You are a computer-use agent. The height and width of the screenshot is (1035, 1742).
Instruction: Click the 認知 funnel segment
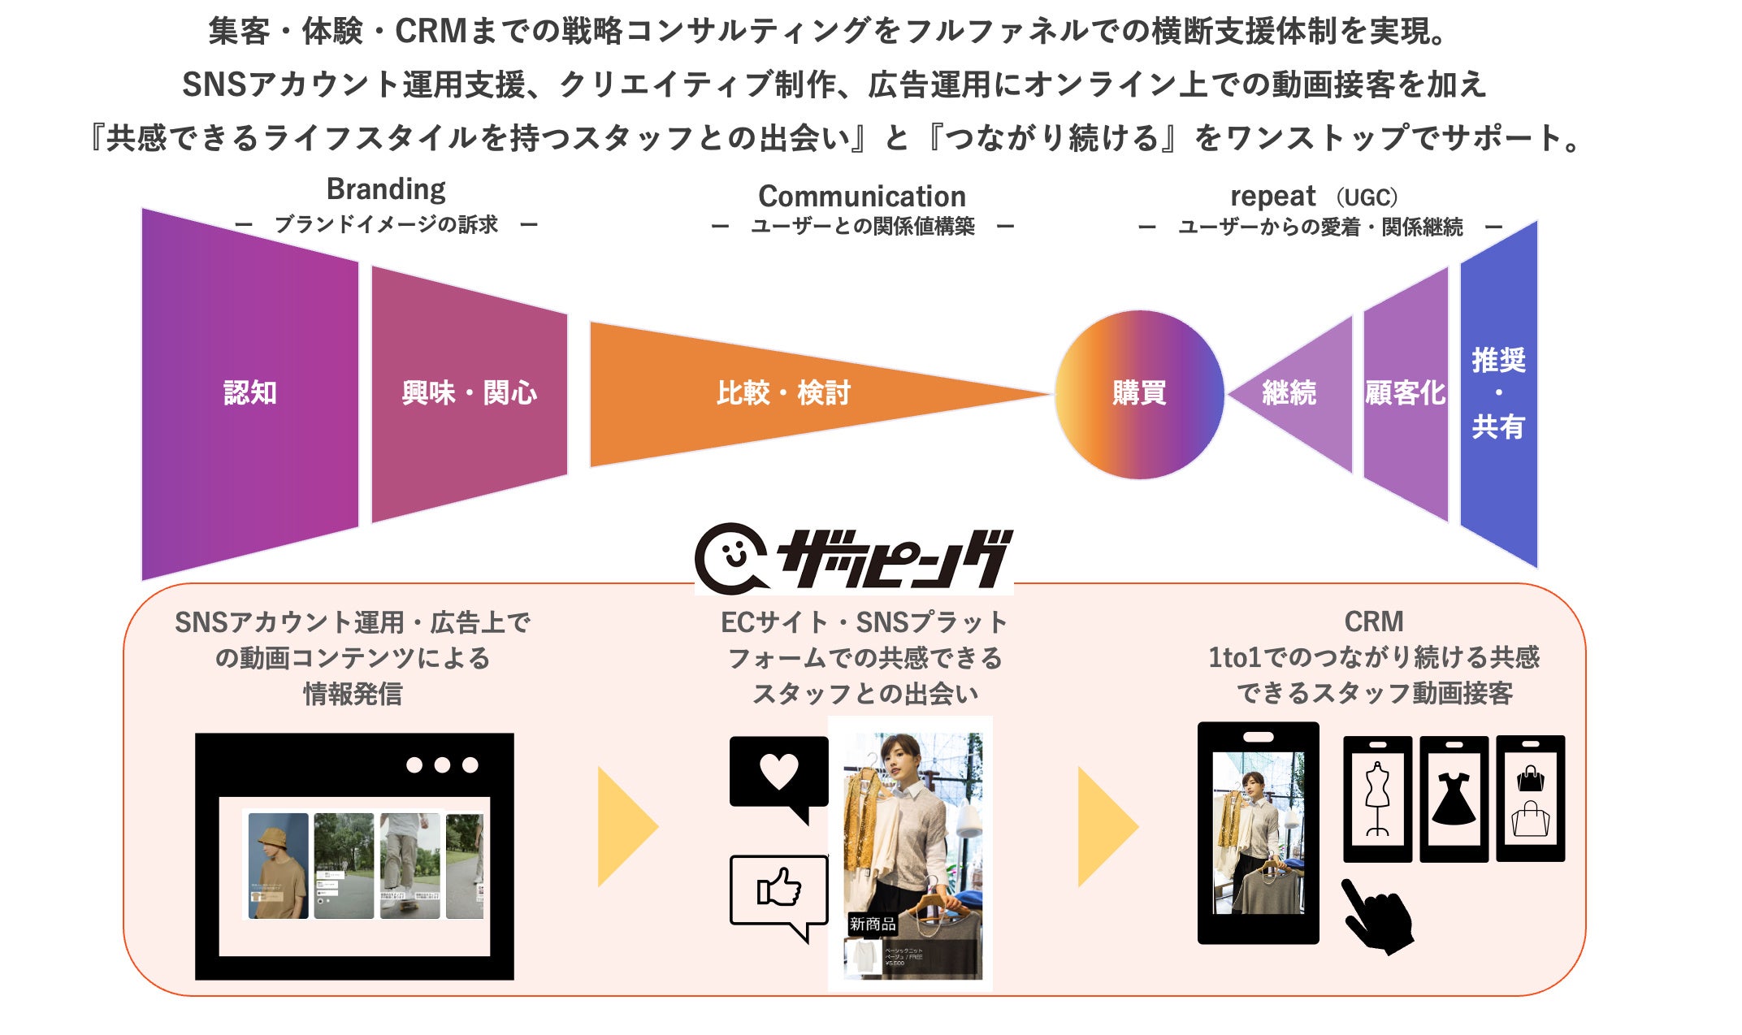[x=250, y=393]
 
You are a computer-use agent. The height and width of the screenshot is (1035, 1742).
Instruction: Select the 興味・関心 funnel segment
[x=469, y=393]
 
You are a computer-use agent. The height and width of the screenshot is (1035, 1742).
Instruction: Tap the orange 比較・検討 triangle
[x=783, y=393]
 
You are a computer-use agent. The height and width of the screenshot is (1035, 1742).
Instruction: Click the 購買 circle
[x=1139, y=394]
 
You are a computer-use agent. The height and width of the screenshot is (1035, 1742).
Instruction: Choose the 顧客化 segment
[x=1406, y=394]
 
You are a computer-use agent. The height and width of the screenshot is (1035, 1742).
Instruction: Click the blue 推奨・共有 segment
[x=1499, y=394]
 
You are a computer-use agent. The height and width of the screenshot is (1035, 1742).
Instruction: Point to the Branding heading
[x=386, y=189]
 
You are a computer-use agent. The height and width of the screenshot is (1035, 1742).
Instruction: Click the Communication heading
[x=862, y=197]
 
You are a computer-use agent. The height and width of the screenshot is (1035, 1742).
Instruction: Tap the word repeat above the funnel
[x=1272, y=197]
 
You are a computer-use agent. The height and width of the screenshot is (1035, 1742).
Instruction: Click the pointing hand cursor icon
[x=1377, y=916]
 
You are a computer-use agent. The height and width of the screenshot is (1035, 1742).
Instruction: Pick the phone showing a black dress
[x=1454, y=799]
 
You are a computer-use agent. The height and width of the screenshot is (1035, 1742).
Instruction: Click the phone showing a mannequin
[x=1377, y=799]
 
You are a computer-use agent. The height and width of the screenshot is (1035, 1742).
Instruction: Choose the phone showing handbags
[x=1530, y=799]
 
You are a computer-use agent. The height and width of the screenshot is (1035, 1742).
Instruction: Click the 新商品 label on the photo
[x=873, y=924]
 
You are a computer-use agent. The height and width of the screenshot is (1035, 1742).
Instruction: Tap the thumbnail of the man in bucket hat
[x=278, y=866]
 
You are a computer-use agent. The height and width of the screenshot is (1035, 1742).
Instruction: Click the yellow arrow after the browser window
[x=626, y=827]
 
